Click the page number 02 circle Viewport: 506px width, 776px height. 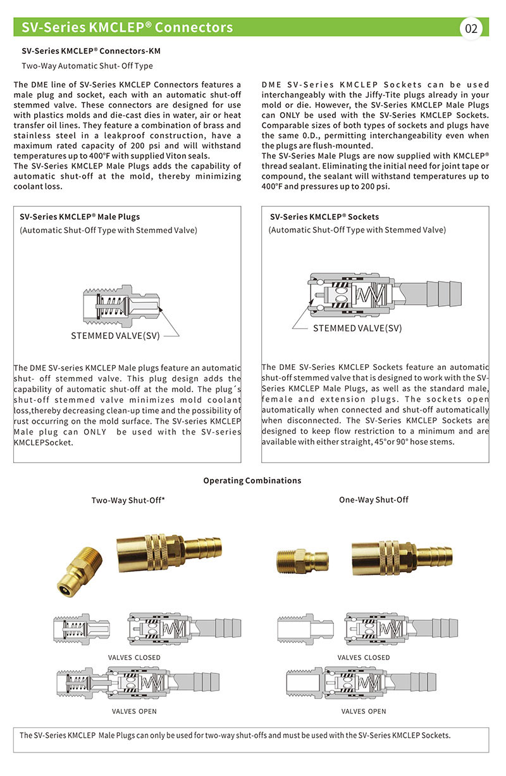pos(471,29)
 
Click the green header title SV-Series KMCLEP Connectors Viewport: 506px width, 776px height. pos(127,28)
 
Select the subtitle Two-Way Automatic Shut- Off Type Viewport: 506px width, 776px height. pos(87,66)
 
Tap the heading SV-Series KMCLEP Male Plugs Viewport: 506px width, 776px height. pos(80,217)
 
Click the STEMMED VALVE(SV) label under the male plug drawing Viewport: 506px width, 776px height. pos(115,336)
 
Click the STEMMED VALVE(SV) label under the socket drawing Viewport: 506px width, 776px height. pos(357,328)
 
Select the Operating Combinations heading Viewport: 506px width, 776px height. pos(252,480)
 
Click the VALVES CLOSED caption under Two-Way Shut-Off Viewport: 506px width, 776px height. pos(134,658)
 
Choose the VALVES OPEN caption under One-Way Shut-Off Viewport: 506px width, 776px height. pos(364,711)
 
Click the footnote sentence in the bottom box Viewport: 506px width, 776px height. pos(235,735)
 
